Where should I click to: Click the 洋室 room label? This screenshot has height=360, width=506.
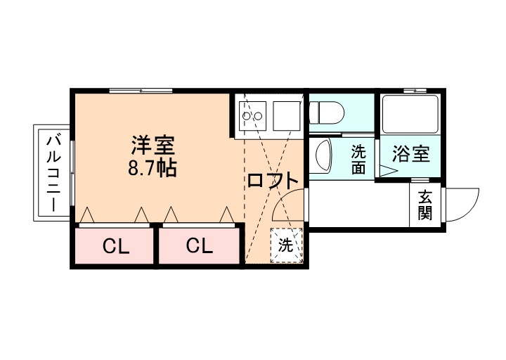coord(152,146)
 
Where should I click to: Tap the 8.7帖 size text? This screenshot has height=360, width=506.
coord(152,169)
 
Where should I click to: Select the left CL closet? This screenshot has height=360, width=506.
coord(115,246)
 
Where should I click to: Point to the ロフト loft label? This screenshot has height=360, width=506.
coord(273,180)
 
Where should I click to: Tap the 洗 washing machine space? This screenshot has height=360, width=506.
coord(286,245)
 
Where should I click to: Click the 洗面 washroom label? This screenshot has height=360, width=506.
coord(359,159)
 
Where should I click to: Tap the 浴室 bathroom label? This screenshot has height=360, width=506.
coord(411,154)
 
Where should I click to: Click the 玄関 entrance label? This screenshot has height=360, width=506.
coord(425,205)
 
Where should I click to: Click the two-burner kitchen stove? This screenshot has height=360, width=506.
coord(250,112)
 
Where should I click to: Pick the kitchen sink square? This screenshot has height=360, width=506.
coord(285,112)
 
